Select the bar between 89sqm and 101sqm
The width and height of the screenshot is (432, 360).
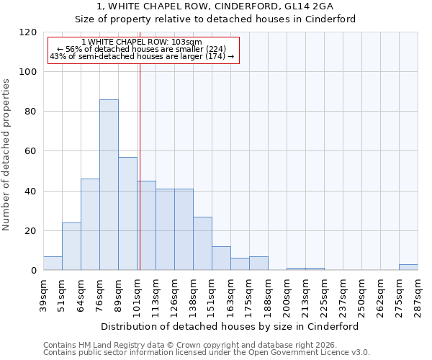click(127, 214)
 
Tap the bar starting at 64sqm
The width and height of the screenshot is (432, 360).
click(90, 225)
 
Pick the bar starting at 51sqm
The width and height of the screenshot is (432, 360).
click(71, 246)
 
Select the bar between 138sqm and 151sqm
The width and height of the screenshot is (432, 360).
click(202, 243)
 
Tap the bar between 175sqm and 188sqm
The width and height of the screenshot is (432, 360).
click(258, 264)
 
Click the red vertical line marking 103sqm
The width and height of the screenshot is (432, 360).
click(140, 166)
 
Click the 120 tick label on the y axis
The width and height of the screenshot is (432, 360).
click(28, 32)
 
